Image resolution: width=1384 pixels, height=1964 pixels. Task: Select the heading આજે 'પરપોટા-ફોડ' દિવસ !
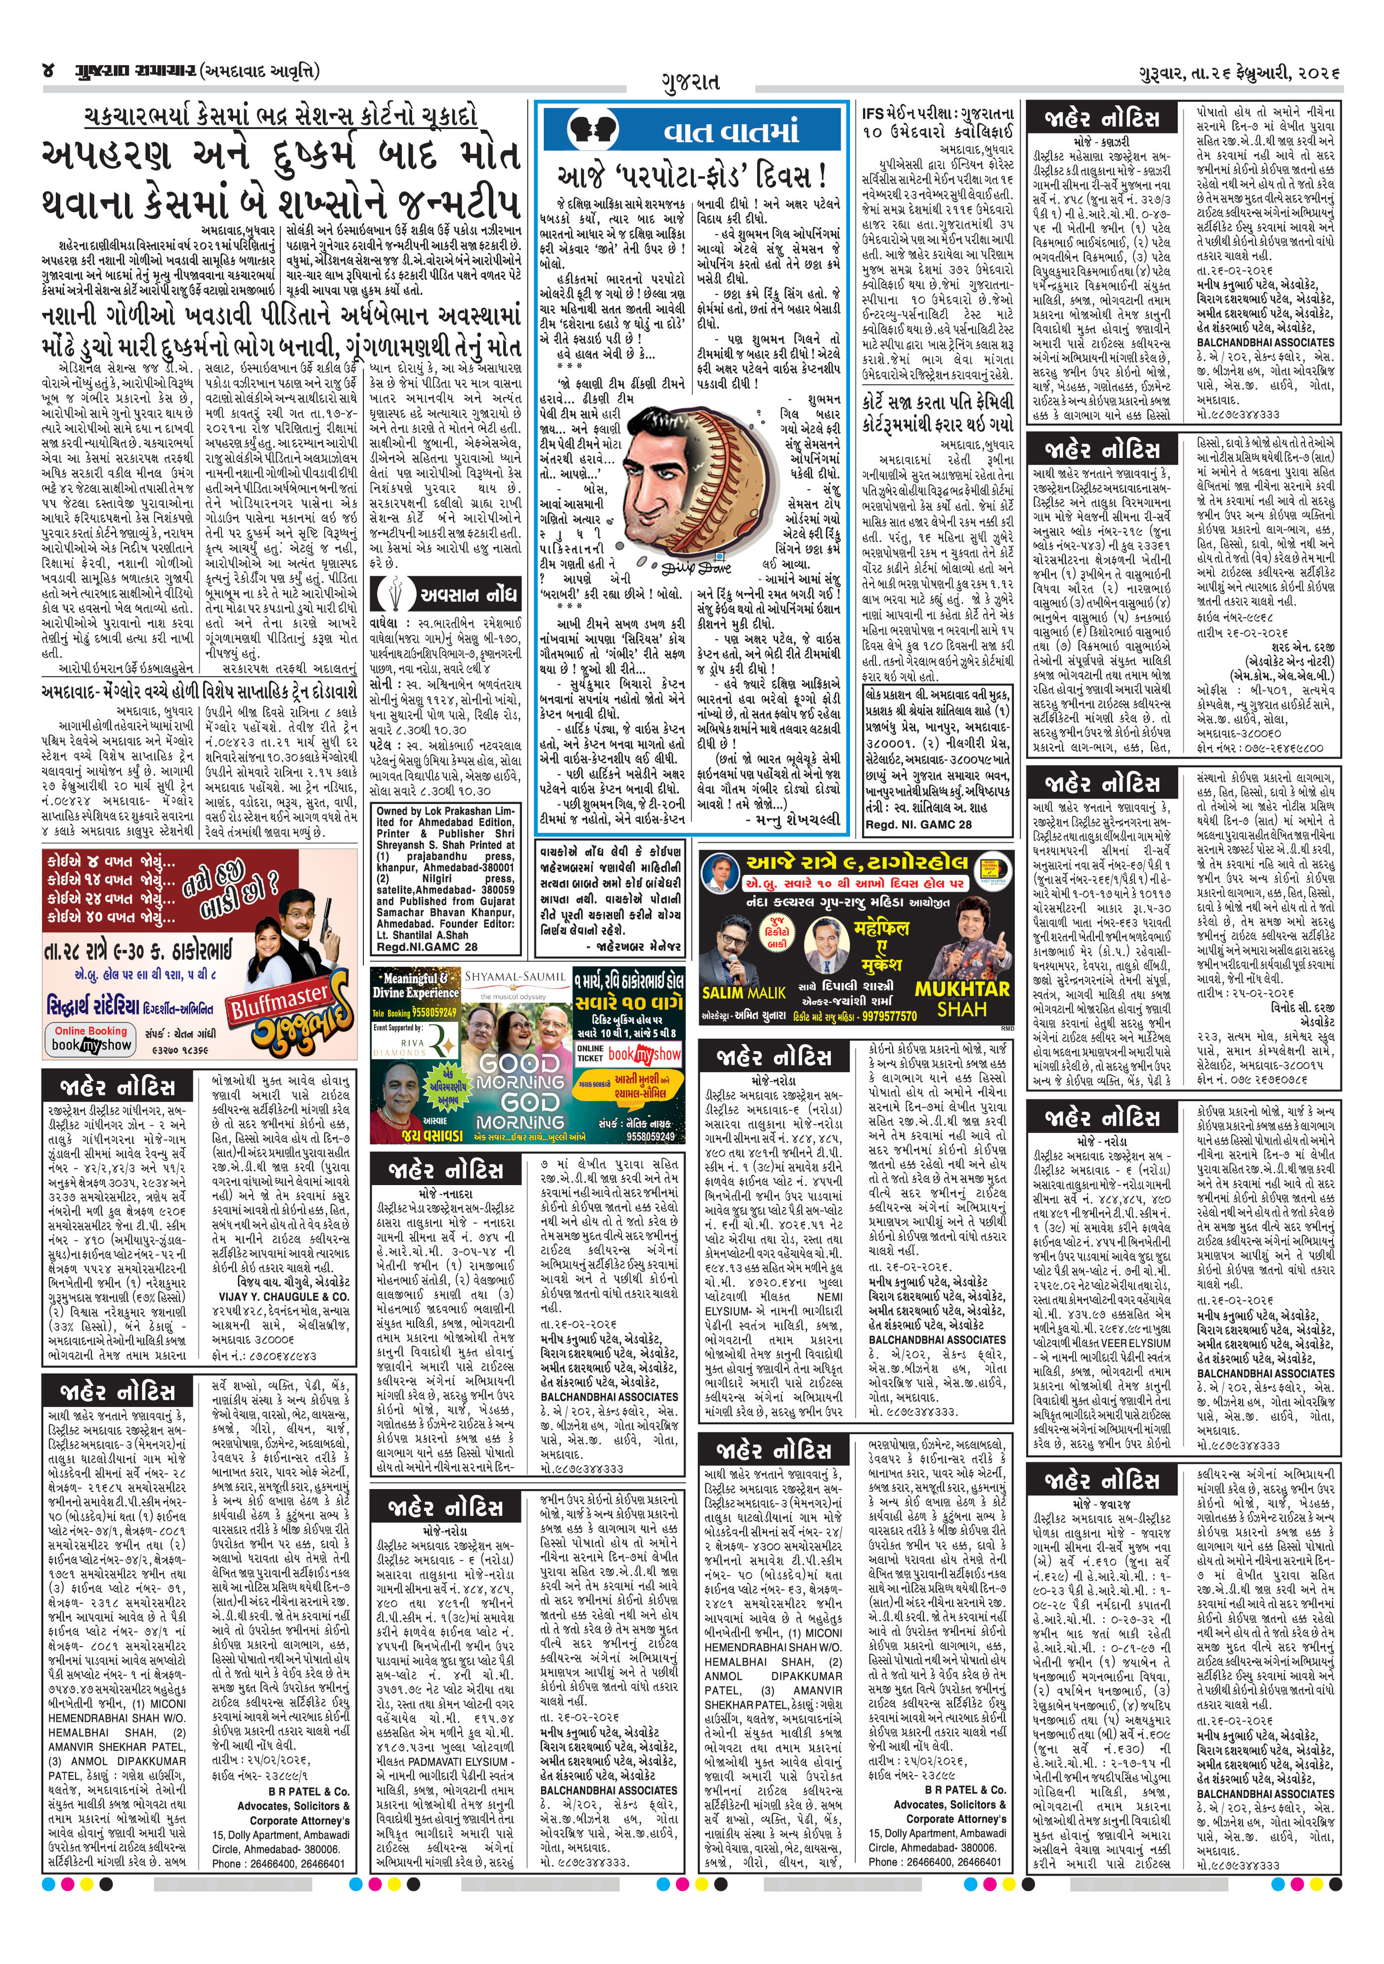click(691, 177)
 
